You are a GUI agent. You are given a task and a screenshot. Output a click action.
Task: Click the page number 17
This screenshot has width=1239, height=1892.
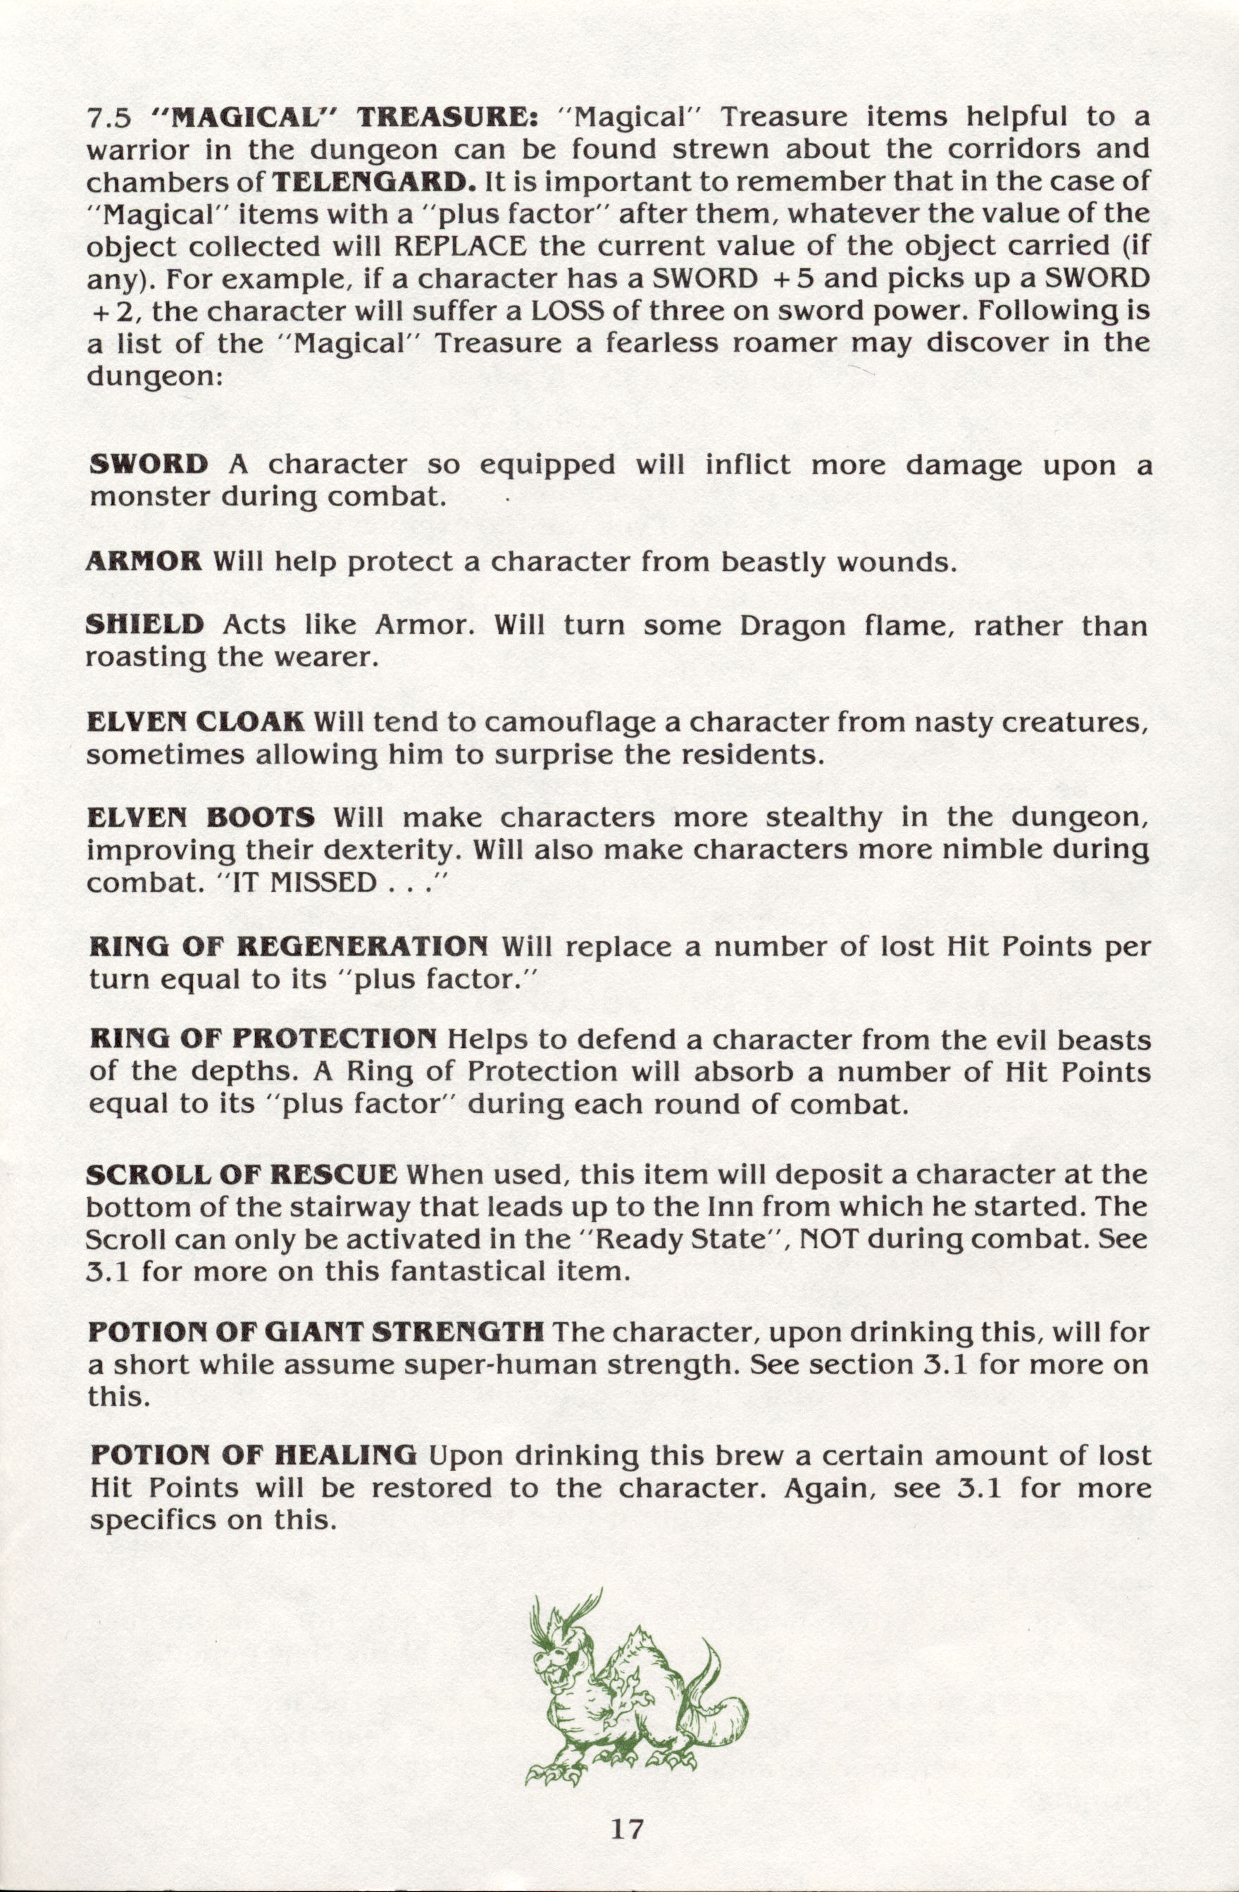pos(627,1829)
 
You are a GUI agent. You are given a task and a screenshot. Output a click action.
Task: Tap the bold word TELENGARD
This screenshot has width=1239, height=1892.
pos(373,182)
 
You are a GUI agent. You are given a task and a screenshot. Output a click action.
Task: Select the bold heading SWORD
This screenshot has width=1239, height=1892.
pos(149,464)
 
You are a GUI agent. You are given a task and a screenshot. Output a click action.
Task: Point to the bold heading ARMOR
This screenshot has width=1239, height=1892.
pos(143,562)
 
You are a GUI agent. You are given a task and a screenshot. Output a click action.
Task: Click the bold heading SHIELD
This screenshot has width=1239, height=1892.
pos(144,625)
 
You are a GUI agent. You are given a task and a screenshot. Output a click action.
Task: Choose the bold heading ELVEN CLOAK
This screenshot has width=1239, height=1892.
pos(194,723)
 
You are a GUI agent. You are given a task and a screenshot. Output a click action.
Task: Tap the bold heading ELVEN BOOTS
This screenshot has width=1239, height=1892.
pos(201,817)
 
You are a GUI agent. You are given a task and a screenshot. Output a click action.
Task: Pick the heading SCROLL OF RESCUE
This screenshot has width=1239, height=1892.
pos(242,1174)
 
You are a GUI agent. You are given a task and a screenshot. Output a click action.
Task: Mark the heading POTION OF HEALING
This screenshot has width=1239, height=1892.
pos(253,1455)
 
